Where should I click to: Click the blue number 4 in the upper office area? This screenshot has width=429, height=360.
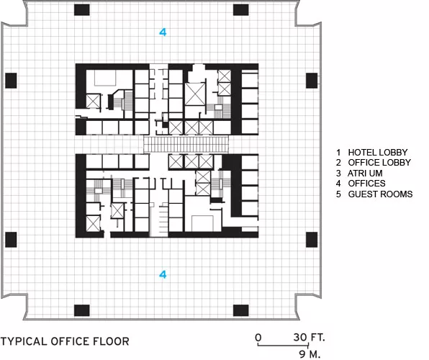(x=163, y=32)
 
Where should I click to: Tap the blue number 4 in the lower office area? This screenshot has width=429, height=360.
(x=163, y=274)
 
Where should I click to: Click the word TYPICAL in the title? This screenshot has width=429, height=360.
(x=24, y=341)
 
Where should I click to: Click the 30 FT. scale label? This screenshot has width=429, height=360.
(x=310, y=337)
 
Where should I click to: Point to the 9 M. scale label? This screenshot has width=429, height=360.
(x=310, y=354)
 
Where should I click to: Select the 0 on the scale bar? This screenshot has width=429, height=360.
(x=258, y=338)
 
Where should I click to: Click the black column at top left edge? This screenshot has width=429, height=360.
(x=82, y=10)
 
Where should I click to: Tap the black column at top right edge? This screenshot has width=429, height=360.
(x=240, y=10)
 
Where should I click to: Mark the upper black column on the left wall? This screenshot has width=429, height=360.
(x=11, y=81)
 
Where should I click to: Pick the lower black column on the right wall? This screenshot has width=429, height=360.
(x=312, y=240)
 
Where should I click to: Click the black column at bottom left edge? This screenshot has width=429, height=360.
(x=82, y=310)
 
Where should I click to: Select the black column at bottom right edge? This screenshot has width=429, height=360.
(x=240, y=310)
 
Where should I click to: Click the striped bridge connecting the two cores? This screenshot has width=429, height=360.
(x=186, y=145)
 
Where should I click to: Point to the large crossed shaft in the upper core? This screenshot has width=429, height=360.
(x=195, y=94)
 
